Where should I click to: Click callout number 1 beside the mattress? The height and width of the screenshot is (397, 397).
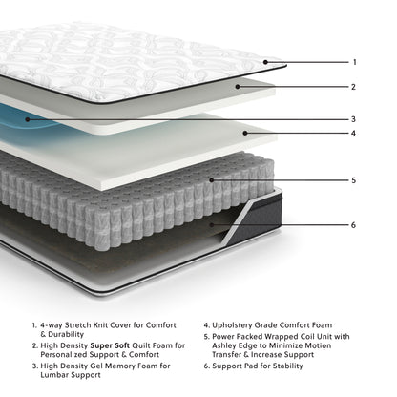tap(354, 62)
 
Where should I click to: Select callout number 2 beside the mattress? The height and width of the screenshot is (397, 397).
tap(354, 86)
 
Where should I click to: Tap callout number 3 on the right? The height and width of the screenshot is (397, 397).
tap(354, 119)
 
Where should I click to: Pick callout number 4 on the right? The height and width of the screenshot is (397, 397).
tap(354, 133)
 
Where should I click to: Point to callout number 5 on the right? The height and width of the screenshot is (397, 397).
tap(354, 178)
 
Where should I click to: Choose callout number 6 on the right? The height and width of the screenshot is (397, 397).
tap(354, 225)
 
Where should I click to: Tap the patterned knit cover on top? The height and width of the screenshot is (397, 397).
tap(134, 57)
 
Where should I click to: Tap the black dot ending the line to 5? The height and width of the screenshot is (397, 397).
tap(212, 178)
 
